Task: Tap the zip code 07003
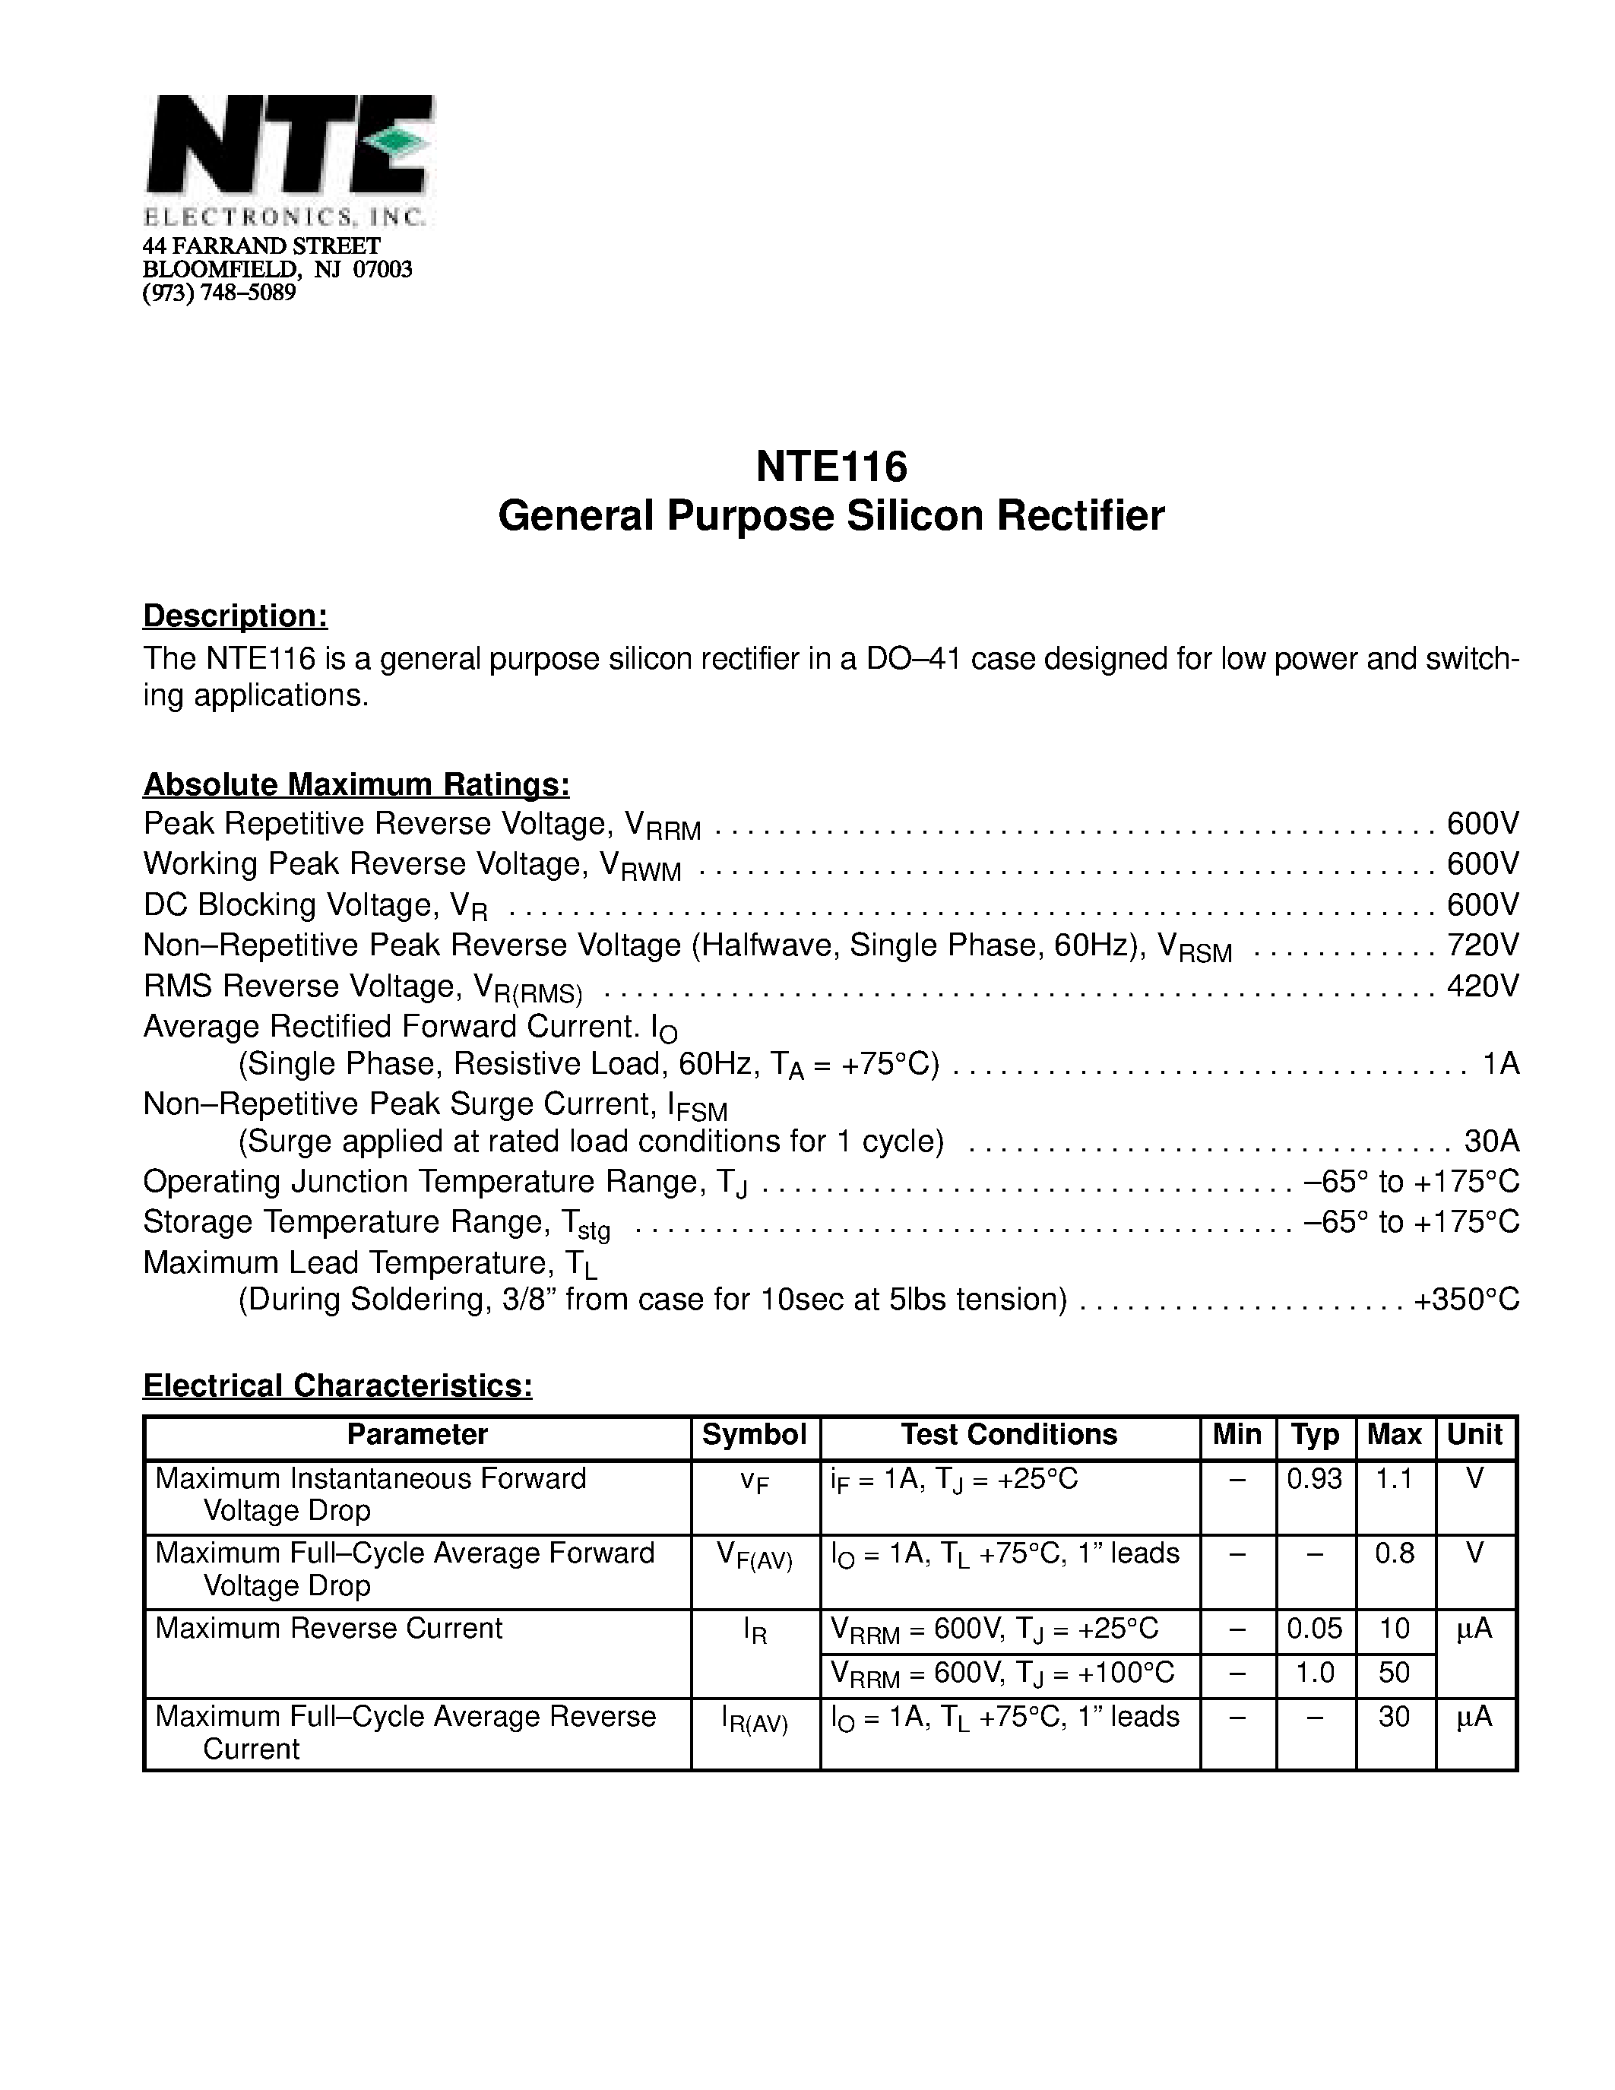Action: [383, 270]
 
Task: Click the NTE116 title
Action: [831, 467]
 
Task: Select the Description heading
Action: [236, 616]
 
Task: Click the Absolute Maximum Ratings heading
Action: [356, 785]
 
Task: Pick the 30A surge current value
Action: [1490, 1142]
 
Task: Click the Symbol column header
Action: [754, 1434]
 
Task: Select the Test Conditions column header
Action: [1009, 1434]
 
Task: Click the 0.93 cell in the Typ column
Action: [1315, 1480]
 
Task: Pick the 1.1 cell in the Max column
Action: [1394, 1480]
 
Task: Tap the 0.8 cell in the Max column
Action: [1394, 1553]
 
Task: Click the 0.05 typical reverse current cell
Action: [1315, 1629]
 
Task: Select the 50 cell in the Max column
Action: [1394, 1673]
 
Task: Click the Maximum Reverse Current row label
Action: [328, 1629]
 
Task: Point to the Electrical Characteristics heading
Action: [337, 1385]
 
